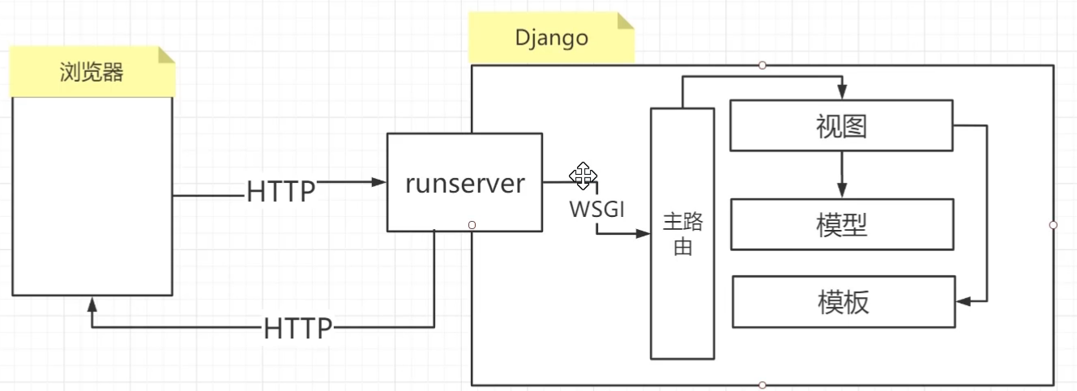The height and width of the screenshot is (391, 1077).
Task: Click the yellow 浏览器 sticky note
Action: (92, 73)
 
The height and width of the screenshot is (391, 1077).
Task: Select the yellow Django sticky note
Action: (551, 39)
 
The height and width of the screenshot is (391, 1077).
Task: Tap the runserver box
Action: (464, 183)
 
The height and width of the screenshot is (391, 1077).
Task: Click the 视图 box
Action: (841, 125)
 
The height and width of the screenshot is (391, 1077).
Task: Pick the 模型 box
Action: (841, 224)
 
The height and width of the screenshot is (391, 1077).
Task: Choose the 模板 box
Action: (843, 302)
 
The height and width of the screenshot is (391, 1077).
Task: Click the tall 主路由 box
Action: (682, 233)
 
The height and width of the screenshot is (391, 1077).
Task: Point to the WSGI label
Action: (597, 209)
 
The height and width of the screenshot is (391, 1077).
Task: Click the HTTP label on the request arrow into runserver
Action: (280, 192)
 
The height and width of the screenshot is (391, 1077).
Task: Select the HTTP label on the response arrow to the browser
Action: (298, 329)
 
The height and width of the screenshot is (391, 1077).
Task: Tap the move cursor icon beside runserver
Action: (583, 176)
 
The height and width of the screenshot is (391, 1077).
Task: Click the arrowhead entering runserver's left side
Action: (379, 182)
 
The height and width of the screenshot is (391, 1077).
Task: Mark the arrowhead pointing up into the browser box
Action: (92, 304)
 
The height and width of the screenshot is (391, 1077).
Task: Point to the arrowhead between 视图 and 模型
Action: (842, 191)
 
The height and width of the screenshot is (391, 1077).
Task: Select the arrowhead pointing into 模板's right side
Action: (964, 301)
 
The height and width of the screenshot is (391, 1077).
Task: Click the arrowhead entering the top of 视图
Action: (842, 93)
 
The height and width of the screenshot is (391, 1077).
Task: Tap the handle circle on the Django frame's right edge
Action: (1053, 224)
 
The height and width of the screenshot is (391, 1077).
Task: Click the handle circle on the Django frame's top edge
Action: (762, 65)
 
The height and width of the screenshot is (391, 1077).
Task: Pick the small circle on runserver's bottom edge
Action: (472, 225)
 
